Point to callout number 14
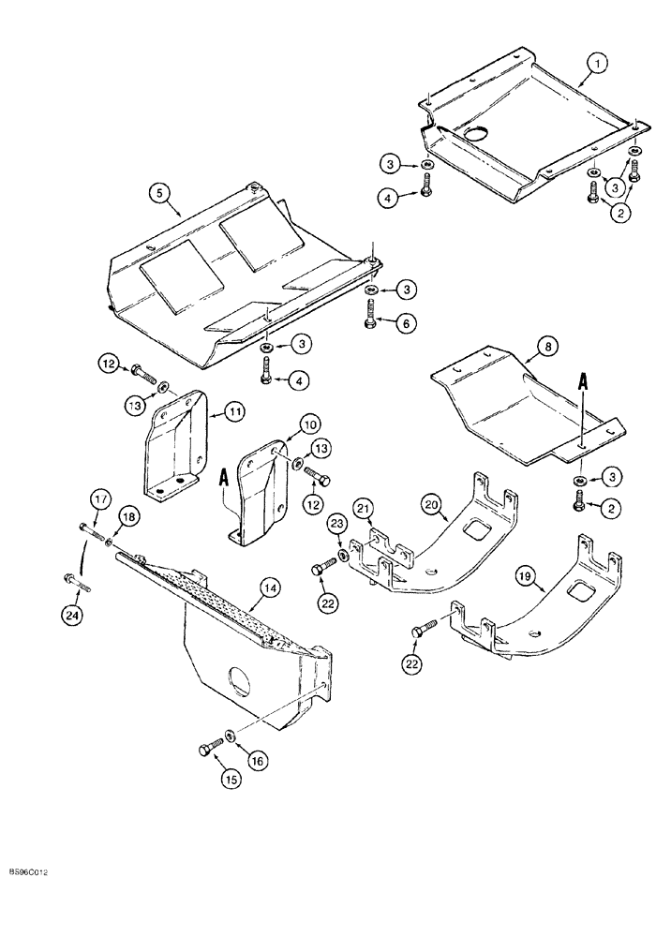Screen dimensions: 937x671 270,588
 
